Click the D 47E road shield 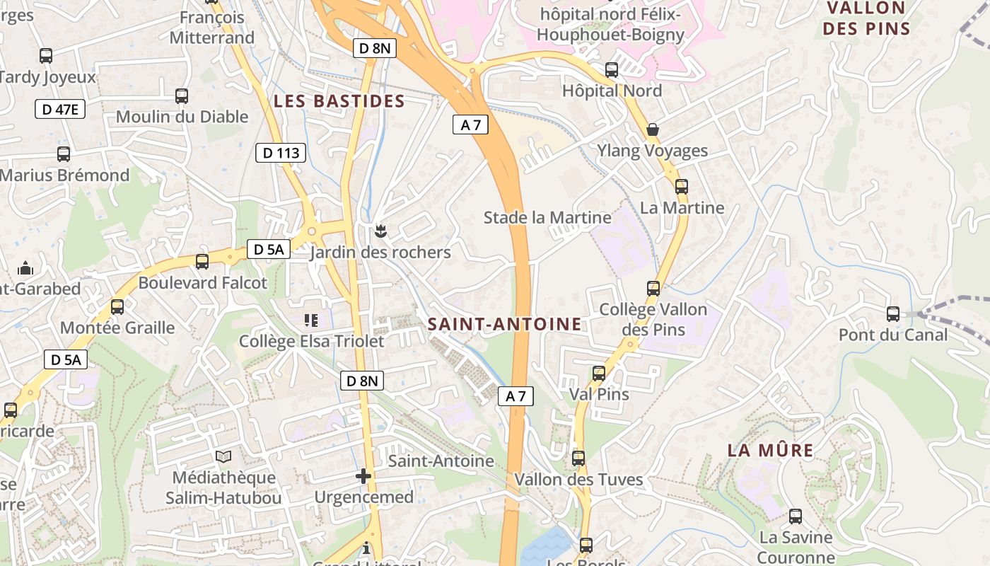(60, 109)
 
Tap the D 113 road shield (281, 152)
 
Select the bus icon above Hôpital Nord (612, 70)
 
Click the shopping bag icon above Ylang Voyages (653, 129)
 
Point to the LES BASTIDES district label (339, 101)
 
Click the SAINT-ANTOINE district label (505, 324)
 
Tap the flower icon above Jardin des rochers (380, 230)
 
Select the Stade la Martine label (547, 217)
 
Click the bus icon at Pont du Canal (893, 313)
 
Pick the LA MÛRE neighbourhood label (771, 450)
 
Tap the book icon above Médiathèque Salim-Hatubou (223, 457)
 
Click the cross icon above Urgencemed (363, 476)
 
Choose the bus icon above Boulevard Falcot (202, 262)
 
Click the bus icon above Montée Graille (117, 307)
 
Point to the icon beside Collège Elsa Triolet (311, 320)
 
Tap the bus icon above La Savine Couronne (796, 516)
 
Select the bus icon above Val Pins (599, 373)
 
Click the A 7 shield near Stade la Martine (470, 125)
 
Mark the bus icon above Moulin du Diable (182, 96)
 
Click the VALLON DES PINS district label (867, 18)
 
